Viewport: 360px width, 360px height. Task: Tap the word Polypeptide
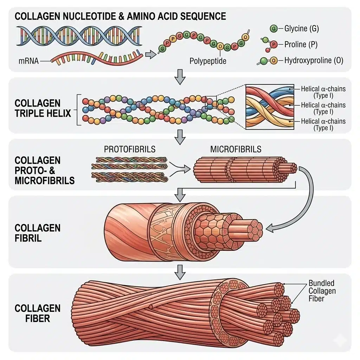click(x=208, y=61)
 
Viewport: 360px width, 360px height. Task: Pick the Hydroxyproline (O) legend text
click(x=313, y=60)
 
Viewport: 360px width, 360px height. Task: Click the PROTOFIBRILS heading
click(x=130, y=149)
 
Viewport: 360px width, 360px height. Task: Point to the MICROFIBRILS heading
click(x=236, y=149)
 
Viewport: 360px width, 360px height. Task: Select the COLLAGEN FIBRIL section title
click(x=38, y=232)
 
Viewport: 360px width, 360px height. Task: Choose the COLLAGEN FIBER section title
click(x=38, y=314)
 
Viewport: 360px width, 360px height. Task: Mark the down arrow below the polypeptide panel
click(x=180, y=77)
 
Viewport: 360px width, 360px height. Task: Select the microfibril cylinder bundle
click(x=243, y=169)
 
